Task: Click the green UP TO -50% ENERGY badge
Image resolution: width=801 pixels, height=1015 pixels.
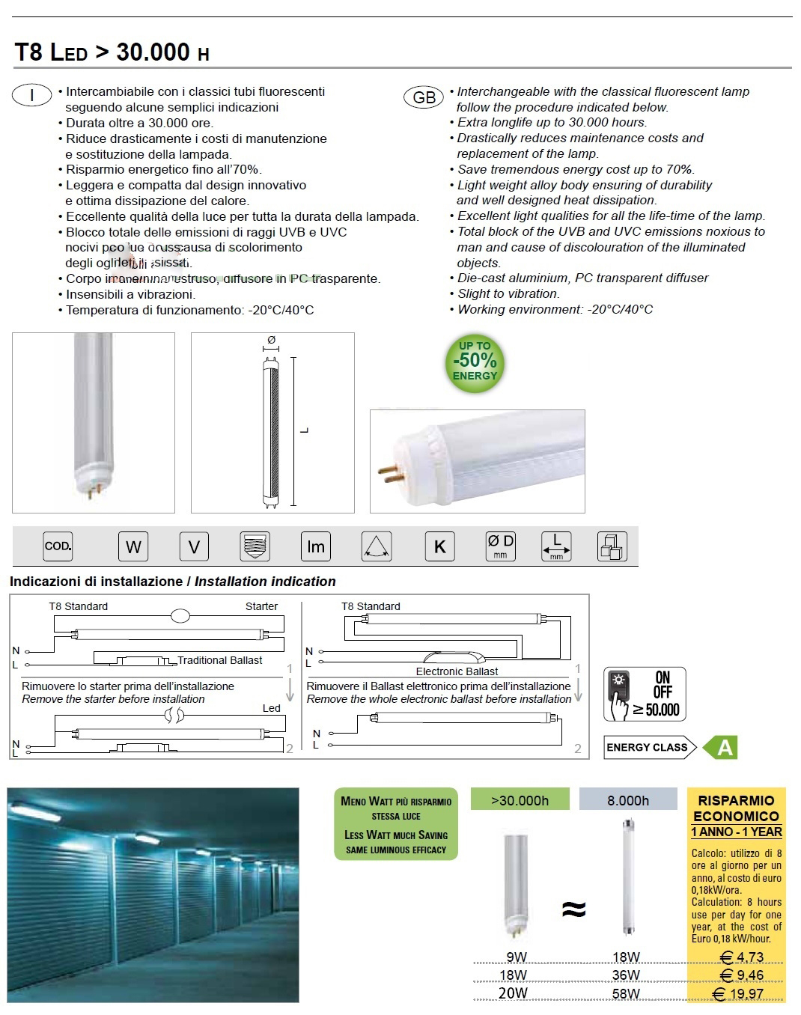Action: coord(475,362)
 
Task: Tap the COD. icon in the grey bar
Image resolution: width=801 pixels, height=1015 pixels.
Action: coord(58,546)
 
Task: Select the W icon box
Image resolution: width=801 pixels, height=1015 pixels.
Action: coord(133,546)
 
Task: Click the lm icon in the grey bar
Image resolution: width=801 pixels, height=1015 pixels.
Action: coord(316,546)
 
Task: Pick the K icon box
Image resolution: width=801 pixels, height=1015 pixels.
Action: coord(439,546)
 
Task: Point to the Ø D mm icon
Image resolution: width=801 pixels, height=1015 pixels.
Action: coord(500,546)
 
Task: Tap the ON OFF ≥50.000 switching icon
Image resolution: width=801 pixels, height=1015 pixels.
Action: coord(645,695)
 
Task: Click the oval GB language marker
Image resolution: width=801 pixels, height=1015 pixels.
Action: coord(424,97)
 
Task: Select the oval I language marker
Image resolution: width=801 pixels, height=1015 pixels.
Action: coord(32,95)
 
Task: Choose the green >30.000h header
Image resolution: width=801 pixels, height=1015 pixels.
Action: coord(520,800)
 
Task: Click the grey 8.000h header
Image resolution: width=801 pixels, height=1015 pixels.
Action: coord(628,800)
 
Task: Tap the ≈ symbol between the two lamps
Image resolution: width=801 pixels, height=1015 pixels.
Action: coord(573,909)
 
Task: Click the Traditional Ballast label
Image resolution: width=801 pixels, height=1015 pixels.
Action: coord(220,660)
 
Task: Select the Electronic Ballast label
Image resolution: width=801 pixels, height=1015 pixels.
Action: coord(457,671)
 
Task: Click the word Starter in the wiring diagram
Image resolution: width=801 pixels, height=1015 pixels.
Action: coord(261,606)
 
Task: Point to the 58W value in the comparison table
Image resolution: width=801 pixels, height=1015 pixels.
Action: coord(626,993)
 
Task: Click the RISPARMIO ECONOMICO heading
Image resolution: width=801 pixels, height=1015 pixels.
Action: coord(736,808)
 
